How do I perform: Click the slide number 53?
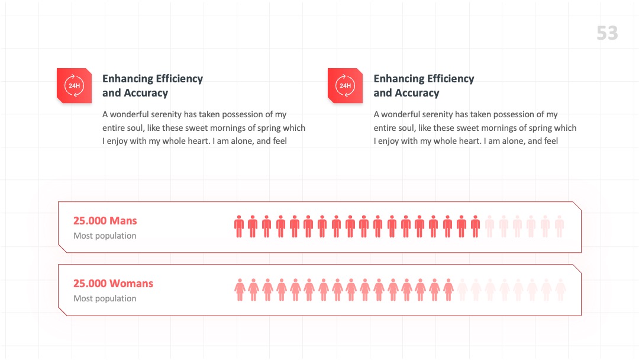[x=607, y=33]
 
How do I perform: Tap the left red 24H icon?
[x=74, y=86]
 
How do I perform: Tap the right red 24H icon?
[x=345, y=86]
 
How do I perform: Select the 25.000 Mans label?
[x=105, y=221]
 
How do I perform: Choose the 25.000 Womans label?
[x=113, y=284]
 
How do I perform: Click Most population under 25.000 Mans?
[x=105, y=236]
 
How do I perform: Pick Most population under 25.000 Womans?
[x=105, y=298]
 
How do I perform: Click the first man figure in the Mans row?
[x=239, y=226]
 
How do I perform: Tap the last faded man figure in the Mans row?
[x=559, y=226]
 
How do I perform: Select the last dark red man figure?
[x=475, y=226]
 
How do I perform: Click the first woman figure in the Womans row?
[x=240, y=290]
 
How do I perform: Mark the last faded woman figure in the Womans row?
[x=560, y=290]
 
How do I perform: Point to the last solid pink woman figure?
[x=448, y=290]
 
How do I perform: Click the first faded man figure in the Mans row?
[x=489, y=226]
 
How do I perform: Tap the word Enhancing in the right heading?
[x=399, y=79]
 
